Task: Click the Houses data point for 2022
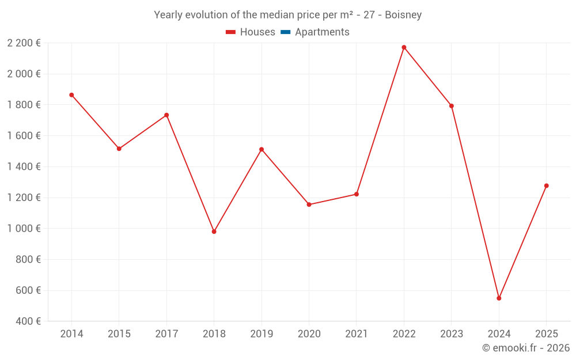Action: pyautogui.click(x=404, y=47)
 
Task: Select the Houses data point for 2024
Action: pyautogui.click(x=499, y=298)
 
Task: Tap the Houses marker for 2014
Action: pyautogui.click(x=71, y=95)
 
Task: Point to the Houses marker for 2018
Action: pyautogui.click(x=214, y=232)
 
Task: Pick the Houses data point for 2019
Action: pyautogui.click(x=262, y=150)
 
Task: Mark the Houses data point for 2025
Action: pyautogui.click(x=547, y=185)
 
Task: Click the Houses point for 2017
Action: pyautogui.click(x=166, y=115)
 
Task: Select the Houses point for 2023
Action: pyautogui.click(x=452, y=106)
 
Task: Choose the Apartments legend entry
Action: pyautogui.click(x=322, y=32)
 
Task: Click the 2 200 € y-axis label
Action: pyautogui.click(x=24, y=43)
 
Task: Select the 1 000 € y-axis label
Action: pyautogui.click(x=24, y=229)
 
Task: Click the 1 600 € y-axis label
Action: pyautogui.click(x=24, y=136)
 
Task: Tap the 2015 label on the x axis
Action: pyautogui.click(x=119, y=334)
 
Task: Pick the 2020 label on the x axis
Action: pyautogui.click(x=309, y=334)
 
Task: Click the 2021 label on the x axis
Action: pyautogui.click(x=357, y=334)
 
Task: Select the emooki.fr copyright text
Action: pyautogui.click(x=526, y=348)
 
